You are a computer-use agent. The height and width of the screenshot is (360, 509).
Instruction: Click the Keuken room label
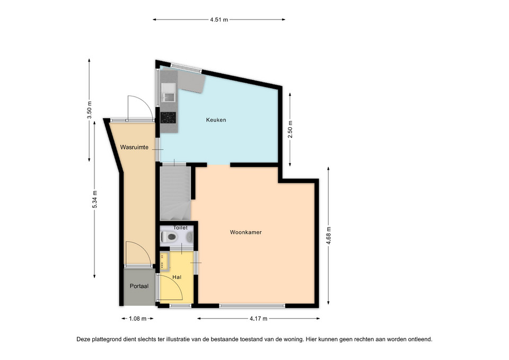click(x=216, y=120)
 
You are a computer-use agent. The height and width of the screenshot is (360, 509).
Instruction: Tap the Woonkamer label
click(x=245, y=232)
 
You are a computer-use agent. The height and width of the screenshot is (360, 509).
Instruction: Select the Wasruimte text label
click(x=134, y=147)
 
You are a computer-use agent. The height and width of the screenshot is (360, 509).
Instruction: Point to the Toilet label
click(x=180, y=227)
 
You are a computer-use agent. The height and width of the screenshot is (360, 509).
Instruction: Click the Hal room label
click(x=177, y=277)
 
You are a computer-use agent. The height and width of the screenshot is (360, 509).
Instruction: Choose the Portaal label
click(x=139, y=286)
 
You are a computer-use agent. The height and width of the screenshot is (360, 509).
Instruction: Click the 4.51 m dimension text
click(x=219, y=20)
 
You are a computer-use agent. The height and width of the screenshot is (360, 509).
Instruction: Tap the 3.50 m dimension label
click(x=90, y=110)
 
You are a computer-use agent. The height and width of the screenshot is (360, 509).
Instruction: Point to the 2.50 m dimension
click(x=290, y=129)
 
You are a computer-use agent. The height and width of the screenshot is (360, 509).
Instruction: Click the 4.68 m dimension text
click(x=329, y=236)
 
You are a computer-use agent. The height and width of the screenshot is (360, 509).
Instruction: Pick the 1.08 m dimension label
click(x=138, y=319)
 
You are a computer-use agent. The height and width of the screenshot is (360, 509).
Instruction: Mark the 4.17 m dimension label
click(x=258, y=319)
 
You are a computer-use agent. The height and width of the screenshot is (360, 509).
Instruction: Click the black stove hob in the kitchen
click(x=168, y=118)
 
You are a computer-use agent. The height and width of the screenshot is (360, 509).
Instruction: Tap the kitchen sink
click(x=168, y=92)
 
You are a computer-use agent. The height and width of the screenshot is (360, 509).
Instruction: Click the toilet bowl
click(x=169, y=237)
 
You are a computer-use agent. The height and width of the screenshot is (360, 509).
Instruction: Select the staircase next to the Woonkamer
click(x=175, y=194)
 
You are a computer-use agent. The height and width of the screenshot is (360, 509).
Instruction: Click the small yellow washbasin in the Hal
click(x=164, y=261)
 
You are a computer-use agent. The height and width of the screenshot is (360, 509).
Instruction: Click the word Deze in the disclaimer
click(x=83, y=339)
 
